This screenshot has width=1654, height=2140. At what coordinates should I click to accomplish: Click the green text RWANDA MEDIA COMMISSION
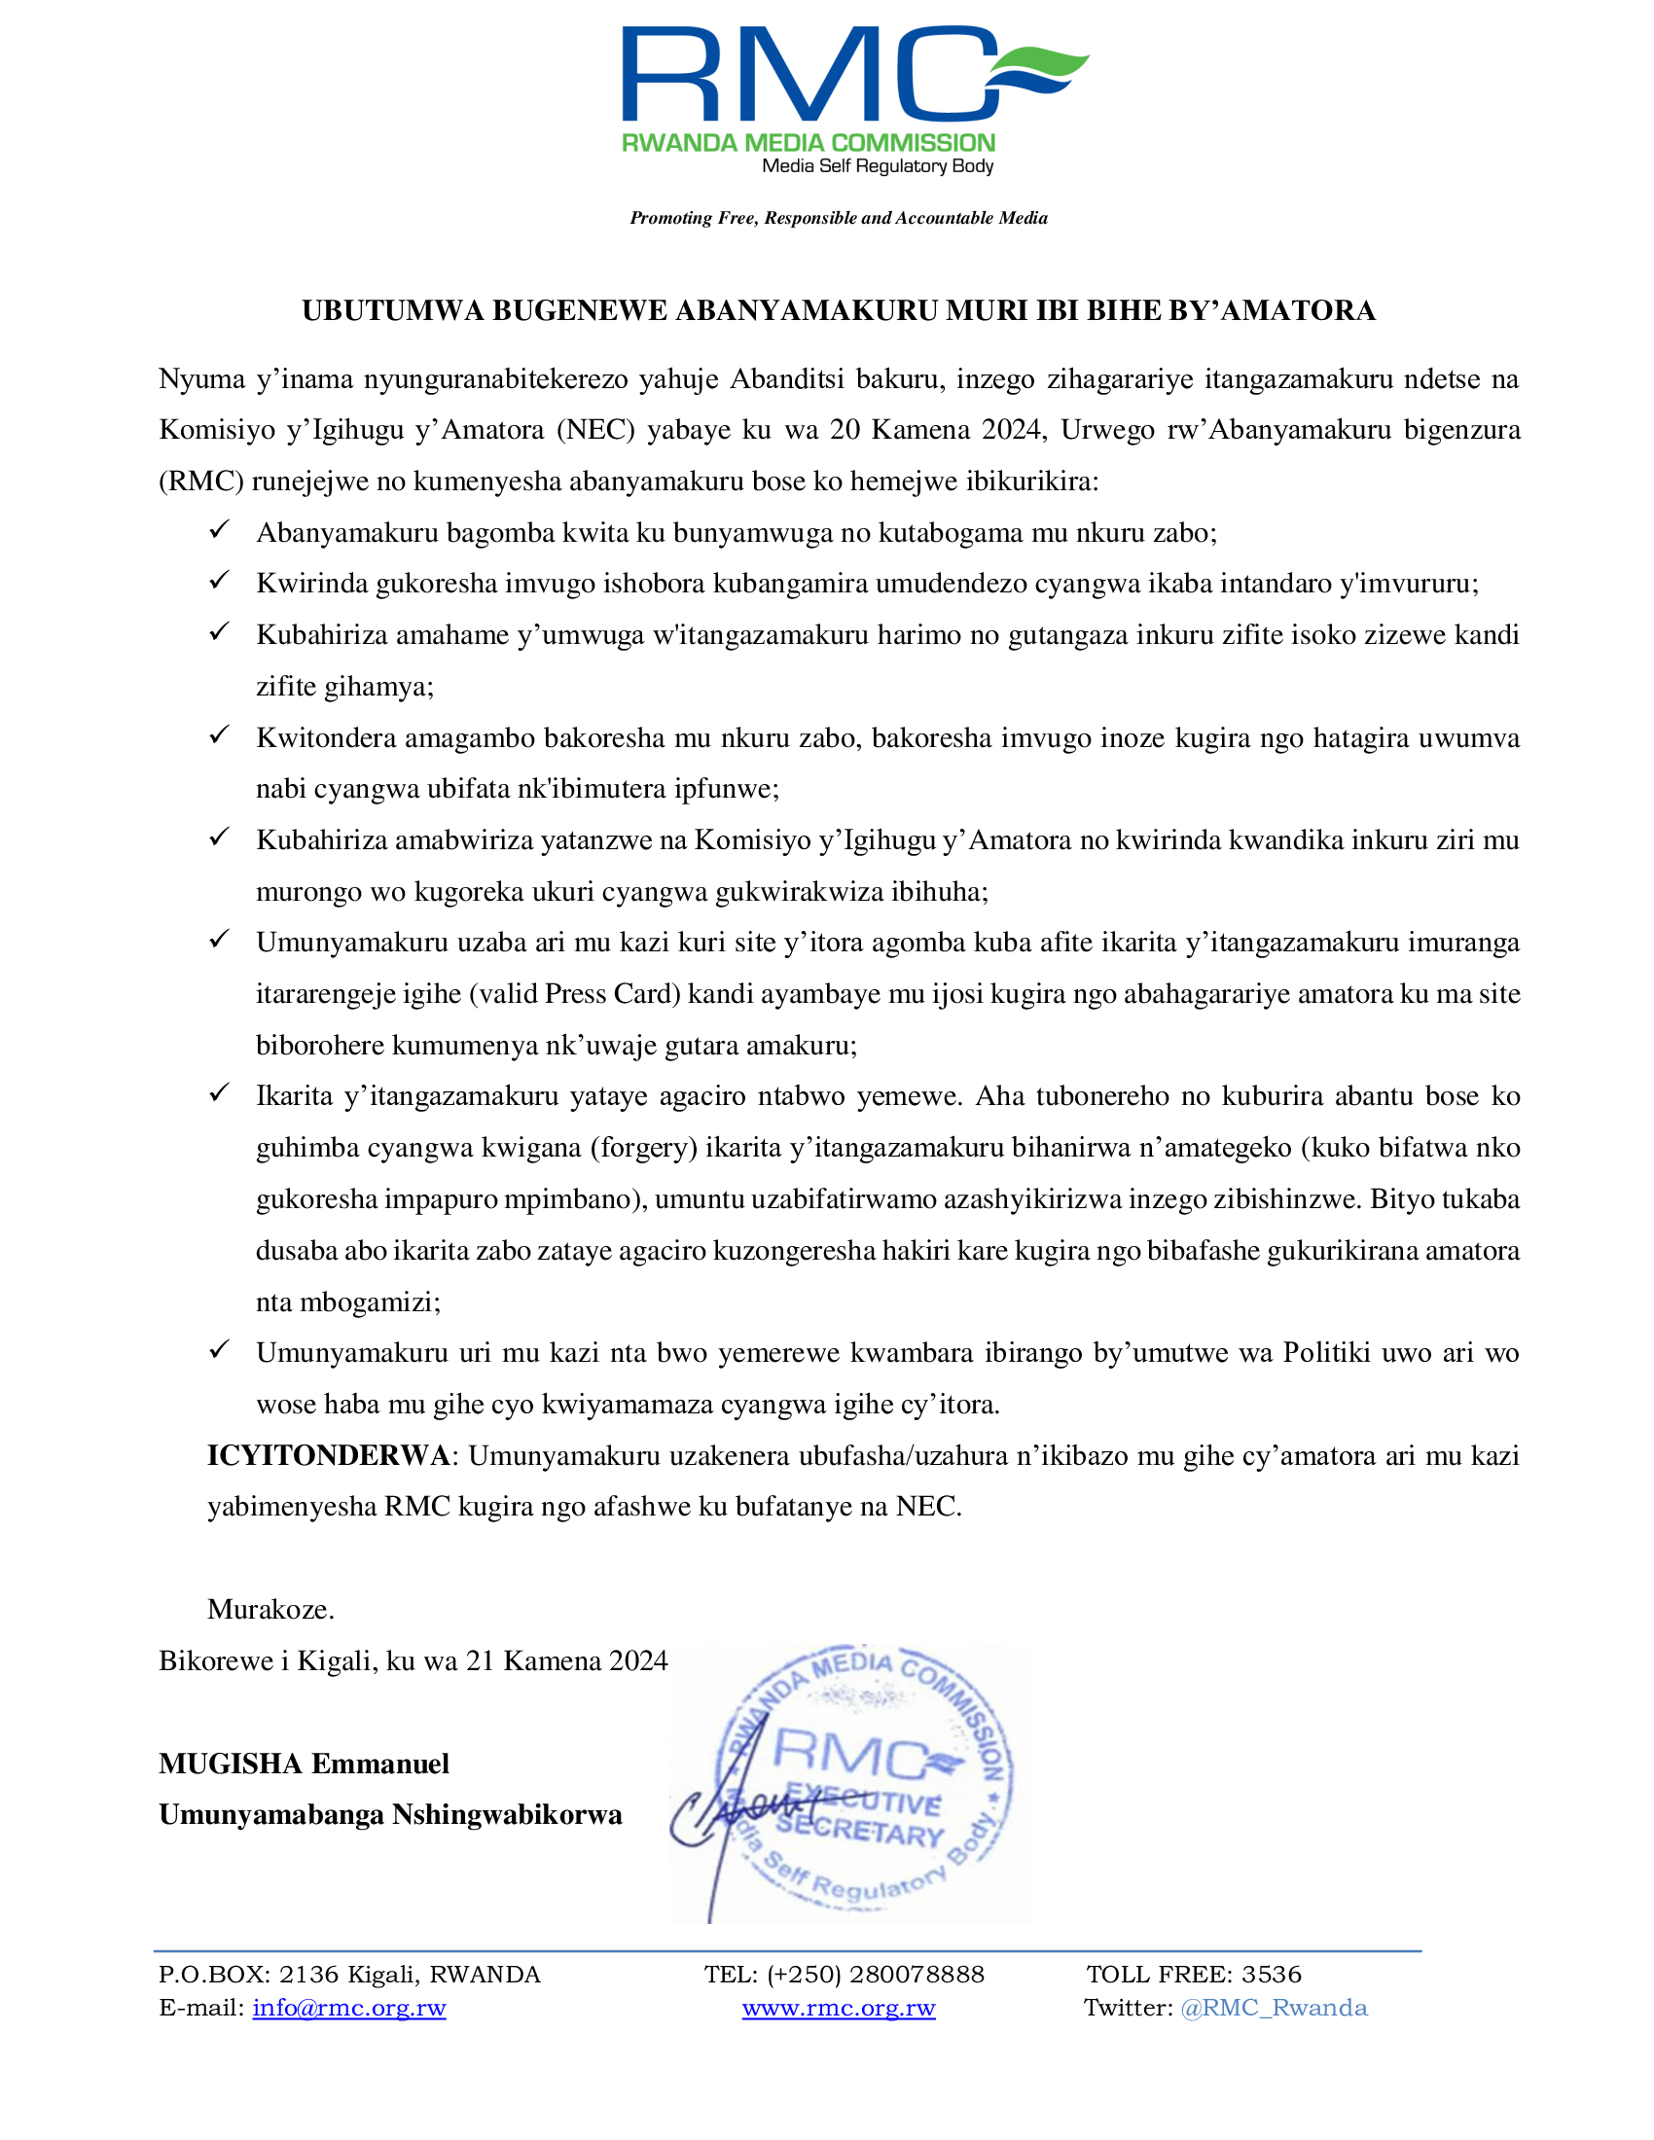click(809, 143)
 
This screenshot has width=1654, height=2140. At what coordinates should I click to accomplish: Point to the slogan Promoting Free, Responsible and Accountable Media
click(839, 218)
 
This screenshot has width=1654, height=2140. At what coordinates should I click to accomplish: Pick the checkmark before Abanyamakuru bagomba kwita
click(220, 531)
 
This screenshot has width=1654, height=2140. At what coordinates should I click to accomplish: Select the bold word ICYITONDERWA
click(328, 1455)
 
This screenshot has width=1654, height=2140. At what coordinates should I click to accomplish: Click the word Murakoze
click(270, 1609)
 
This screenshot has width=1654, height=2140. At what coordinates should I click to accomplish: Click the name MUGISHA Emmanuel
click(304, 1764)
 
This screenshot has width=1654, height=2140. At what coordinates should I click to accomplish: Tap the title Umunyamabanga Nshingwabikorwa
click(390, 1815)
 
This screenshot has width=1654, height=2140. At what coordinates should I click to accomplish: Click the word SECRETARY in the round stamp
click(860, 1831)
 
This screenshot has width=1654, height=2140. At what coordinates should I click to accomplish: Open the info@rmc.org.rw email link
click(349, 2008)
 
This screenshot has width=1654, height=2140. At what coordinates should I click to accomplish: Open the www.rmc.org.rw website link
click(839, 2008)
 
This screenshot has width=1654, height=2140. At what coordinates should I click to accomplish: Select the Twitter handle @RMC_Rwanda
click(1274, 2008)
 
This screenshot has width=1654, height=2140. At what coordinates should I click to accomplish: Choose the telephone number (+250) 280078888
click(875, 1975)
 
